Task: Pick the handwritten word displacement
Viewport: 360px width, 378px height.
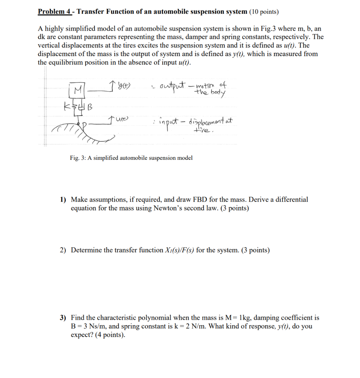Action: click(208, 121)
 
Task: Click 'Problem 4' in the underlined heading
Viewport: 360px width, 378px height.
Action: click(54, 11)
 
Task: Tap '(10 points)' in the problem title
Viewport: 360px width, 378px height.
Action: click(264, 11)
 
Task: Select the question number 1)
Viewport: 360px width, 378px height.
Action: click(64, 200)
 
